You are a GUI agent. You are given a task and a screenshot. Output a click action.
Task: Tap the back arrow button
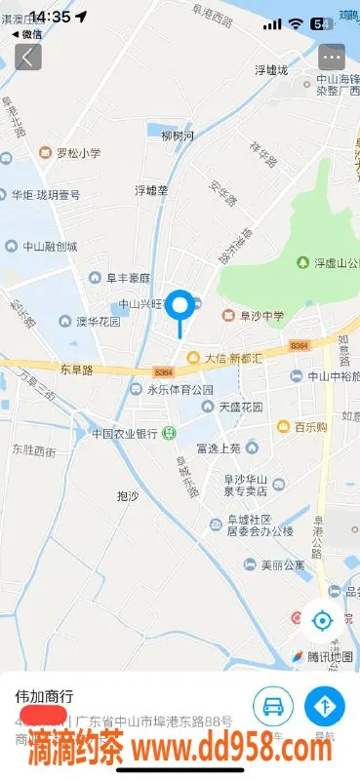[26, 57]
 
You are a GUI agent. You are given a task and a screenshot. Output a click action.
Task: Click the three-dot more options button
[333, 57]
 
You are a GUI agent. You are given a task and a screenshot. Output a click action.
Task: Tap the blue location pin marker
[180, 307]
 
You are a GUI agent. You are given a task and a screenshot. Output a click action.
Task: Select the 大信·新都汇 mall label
[226, 358]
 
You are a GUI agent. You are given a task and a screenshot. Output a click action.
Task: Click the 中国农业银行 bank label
[125, 433]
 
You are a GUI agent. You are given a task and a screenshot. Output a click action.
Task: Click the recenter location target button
[322, 619]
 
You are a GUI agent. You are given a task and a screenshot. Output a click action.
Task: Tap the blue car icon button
[273, 706]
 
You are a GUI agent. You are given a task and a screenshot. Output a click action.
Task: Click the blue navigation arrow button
[325, 706]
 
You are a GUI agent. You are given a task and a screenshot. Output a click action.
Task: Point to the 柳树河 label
[178, 135]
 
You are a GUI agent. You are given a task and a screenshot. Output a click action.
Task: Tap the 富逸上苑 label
[218, 448]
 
